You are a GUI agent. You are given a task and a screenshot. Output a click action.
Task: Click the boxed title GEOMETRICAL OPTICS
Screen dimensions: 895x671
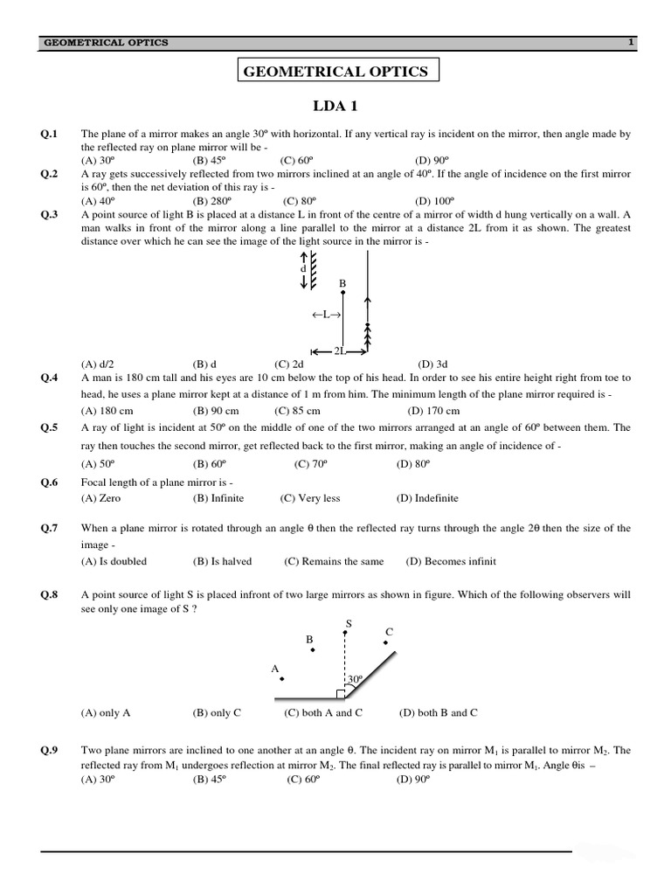coord(336,72)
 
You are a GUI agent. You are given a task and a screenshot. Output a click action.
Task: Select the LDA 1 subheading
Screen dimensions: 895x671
coord(335,107)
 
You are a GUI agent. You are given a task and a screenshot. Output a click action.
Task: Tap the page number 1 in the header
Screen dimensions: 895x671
coord(629,42)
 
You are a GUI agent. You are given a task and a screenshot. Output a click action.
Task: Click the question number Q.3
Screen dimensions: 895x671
coord(49,214)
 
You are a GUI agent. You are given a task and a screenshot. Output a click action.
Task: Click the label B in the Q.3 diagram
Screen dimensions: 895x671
coord(342,283)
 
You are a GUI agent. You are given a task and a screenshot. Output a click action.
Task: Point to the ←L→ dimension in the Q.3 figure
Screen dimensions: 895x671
coord(325,315)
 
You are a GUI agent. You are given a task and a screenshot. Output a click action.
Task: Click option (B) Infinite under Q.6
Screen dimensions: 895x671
coord(218,498)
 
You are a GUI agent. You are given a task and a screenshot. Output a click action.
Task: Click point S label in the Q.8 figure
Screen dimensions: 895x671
coord(348,623)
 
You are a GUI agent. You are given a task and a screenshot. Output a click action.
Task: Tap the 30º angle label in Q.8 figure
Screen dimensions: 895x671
coord(355,678)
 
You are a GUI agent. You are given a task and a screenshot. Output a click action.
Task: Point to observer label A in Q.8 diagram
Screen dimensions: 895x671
coord(274,669)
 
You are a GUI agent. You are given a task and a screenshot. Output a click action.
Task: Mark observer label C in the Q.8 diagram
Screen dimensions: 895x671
coord(389,632)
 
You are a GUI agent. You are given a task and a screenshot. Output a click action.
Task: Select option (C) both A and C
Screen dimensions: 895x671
coord(323,712)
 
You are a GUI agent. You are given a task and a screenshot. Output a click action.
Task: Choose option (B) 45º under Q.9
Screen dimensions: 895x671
coord(210,779)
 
